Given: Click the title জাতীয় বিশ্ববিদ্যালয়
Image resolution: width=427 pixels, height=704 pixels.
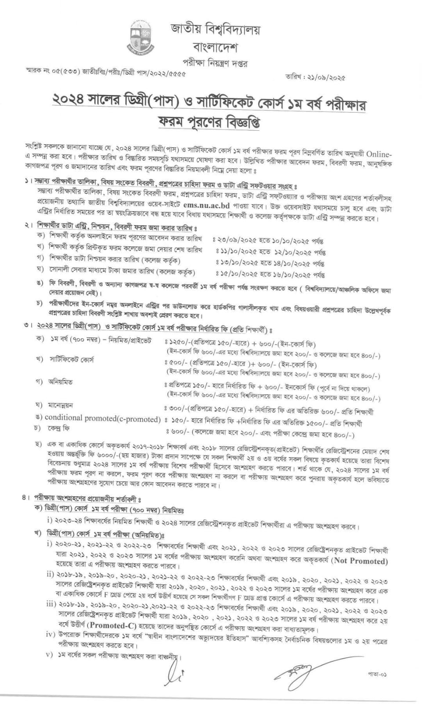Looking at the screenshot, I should click(x=215, y=30).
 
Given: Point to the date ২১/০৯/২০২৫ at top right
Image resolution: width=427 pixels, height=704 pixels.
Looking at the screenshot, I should click(x=328, y=77).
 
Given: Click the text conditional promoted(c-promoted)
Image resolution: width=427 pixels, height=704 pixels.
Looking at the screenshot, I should click(x=102, y=418).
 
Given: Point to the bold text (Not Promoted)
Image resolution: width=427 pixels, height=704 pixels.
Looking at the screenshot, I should click(x=360, y=561).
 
